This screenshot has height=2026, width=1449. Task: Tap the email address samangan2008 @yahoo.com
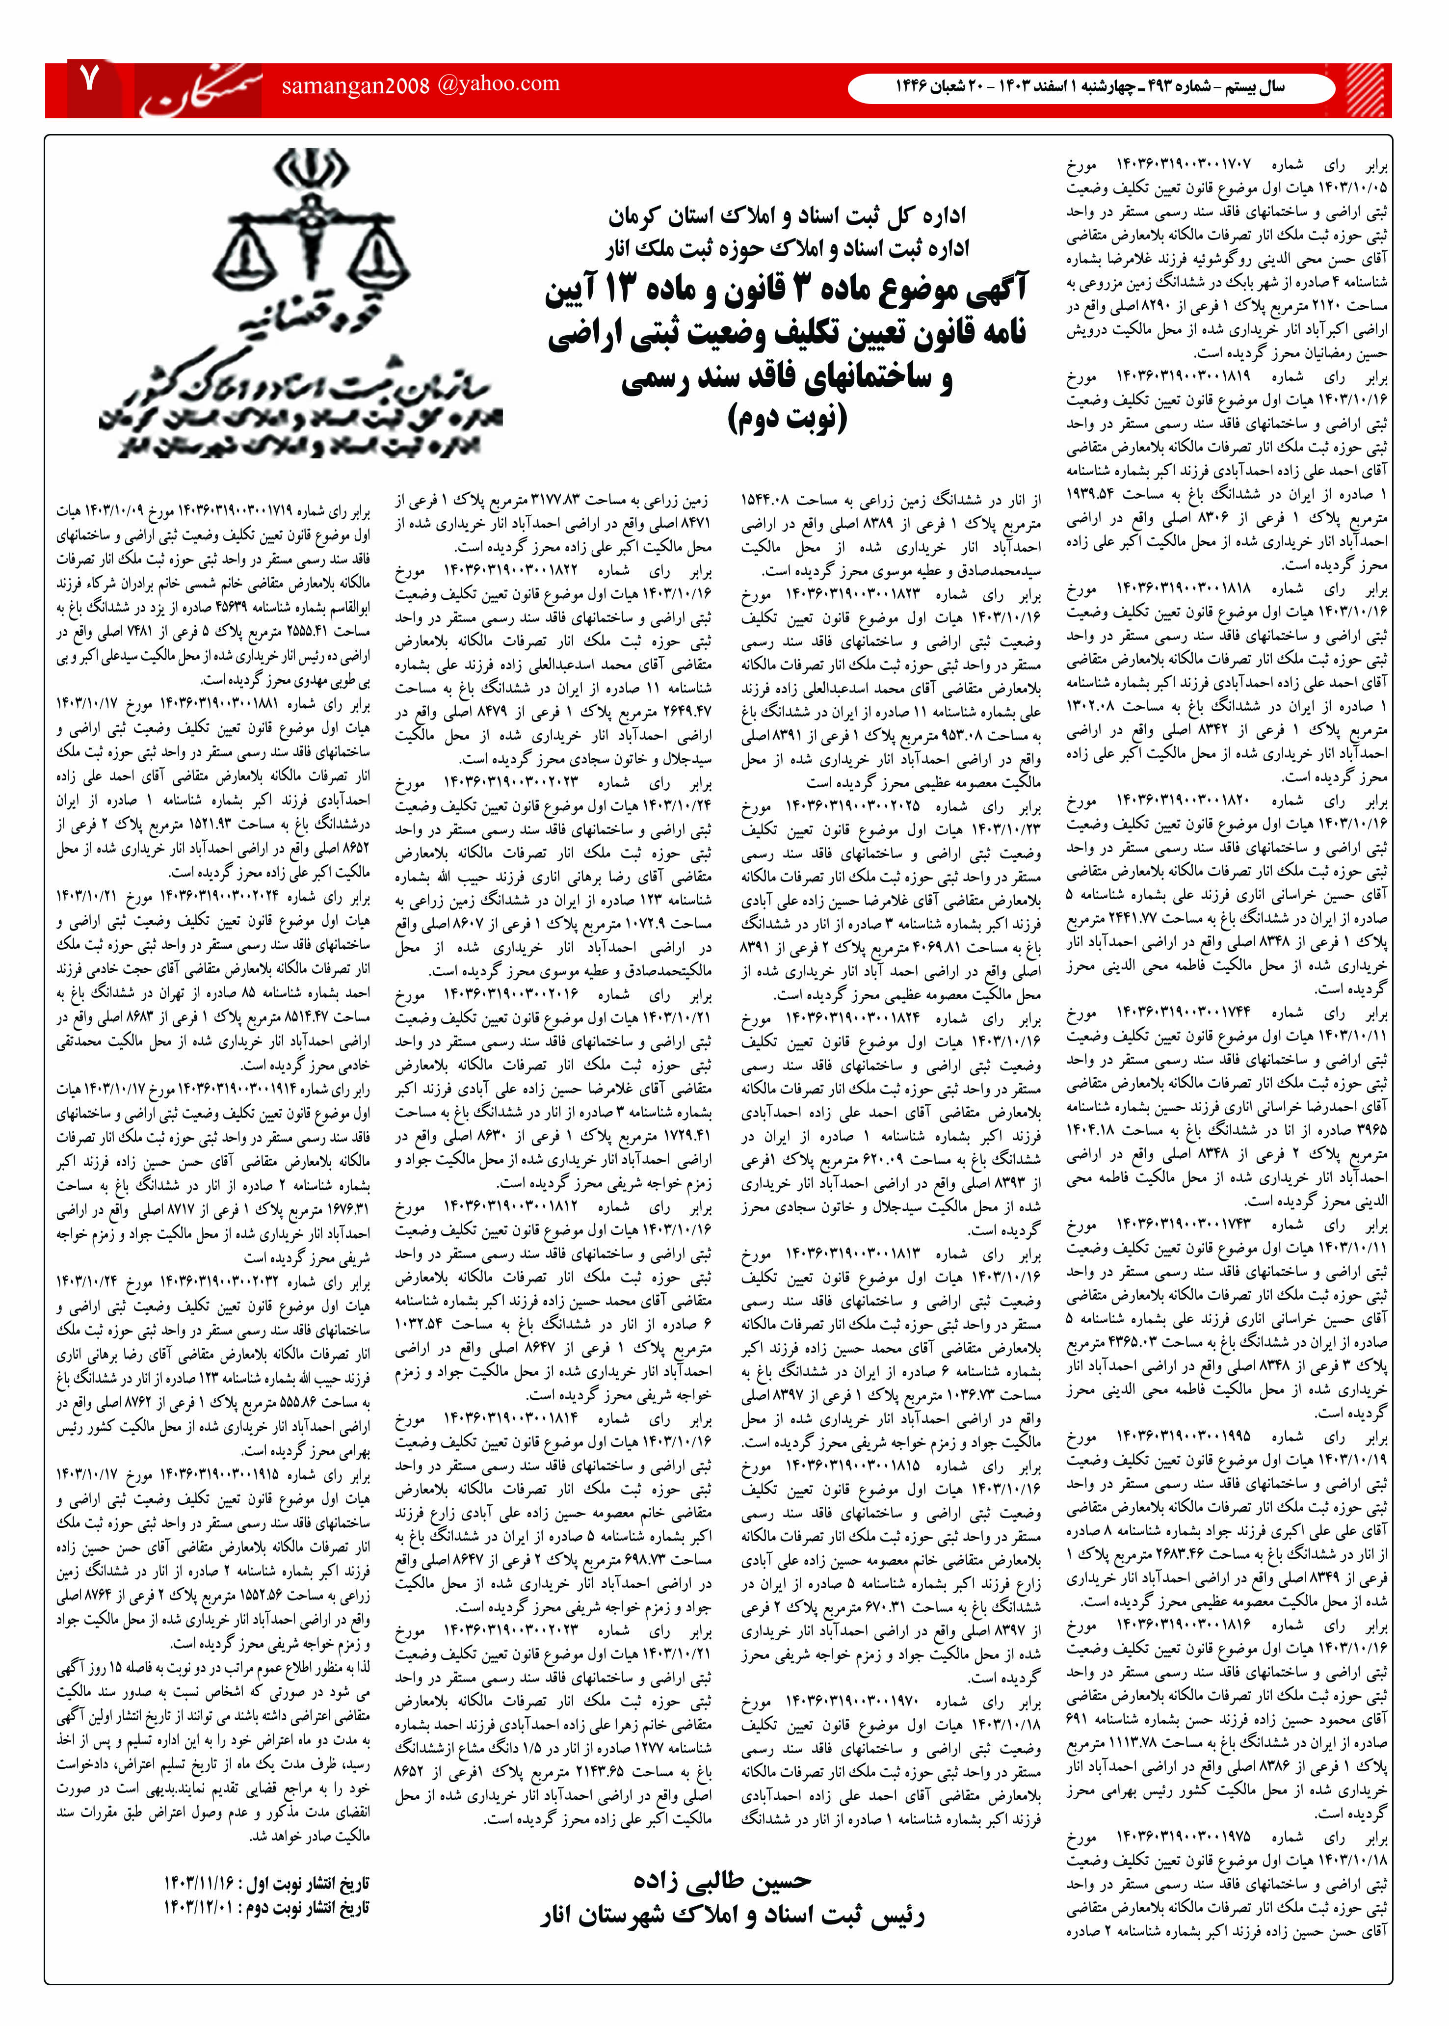(x=420, y=85)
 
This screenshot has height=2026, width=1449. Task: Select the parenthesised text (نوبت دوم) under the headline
(x=787, y=418)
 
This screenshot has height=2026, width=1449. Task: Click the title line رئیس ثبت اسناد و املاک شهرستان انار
(x=732, y=1916)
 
